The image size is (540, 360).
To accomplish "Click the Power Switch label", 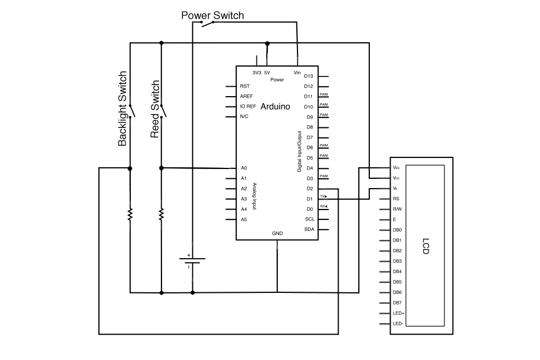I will click(212, 15).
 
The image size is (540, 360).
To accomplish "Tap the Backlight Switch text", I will click(122, 109).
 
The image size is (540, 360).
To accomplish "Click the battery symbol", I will click(193, 260).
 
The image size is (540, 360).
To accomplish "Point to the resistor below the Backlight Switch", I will click(130, 214).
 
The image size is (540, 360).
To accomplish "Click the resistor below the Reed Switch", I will click(161, 214).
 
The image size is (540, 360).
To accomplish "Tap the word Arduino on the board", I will click(275, 106).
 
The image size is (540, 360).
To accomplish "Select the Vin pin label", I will click(297, 73).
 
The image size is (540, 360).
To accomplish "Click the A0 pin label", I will click(244, 168).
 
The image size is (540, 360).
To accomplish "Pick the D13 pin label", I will click(308, 76).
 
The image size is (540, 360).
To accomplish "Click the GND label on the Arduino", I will click(277, 234).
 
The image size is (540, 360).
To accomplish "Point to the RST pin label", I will click(244, 86).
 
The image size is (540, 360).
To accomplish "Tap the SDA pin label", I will click(309, 230).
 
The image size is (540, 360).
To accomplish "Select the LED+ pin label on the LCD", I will click(398, 313).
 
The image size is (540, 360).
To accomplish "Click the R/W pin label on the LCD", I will click(397, 209).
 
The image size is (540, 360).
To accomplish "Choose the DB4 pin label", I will click(397, 271).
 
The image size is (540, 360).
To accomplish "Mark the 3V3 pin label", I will click(256, 73).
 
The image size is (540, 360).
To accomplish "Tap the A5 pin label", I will click(244, 220).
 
